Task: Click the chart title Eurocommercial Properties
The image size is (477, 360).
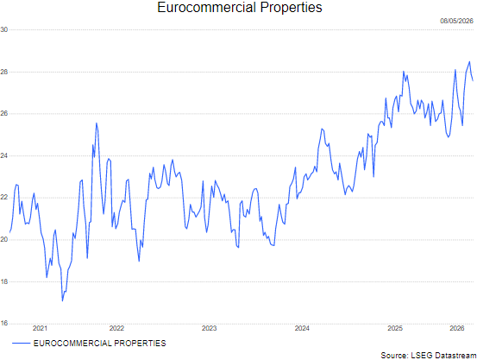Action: (x=240, y=7)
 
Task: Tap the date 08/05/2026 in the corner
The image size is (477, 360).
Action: (x=456, y=21)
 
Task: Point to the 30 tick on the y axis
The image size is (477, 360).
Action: (x=4, y=29)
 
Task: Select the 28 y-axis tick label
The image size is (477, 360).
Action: (x=4, y=72)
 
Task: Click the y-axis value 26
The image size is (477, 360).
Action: (x=4, y=114)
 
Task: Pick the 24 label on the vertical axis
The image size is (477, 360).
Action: (x=4, y=155)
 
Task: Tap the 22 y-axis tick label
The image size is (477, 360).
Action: (x=4, y=198)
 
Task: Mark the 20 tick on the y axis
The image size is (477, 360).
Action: (x=4, y=240)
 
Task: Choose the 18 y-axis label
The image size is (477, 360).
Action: (x=4, y=281)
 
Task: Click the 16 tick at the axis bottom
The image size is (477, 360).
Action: (x=4, y=323)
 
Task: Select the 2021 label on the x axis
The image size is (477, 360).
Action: (x=40, y=328)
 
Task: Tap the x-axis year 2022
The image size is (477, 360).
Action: (x=116, y=328)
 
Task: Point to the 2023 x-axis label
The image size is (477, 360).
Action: (x=210, y=328)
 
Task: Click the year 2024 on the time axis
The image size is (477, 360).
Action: (x=302, y=328)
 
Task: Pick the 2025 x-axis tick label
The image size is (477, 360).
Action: (x=395, y=328)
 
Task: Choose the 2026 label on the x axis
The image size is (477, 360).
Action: (x=457, y=328)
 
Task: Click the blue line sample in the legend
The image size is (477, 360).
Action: (x=22, y=344)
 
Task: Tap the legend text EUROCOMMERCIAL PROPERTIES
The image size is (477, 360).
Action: (x=100, y=344)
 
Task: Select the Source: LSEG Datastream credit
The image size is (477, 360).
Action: (x=429, y=355)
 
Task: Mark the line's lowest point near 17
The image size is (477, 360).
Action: (x=62, y=301)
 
